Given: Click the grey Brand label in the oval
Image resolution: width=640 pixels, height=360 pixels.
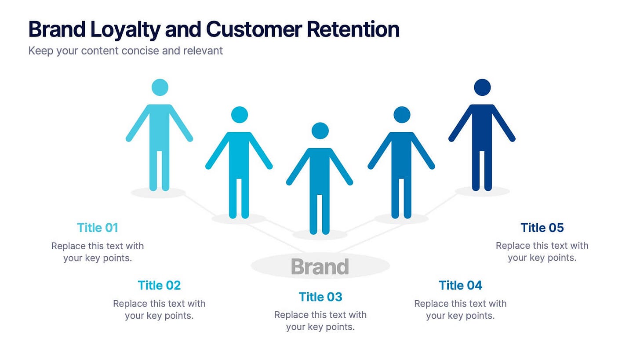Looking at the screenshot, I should point(320,266).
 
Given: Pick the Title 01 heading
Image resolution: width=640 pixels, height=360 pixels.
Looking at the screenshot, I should point(98,228).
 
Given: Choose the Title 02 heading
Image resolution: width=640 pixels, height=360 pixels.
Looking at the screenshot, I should point(159,285).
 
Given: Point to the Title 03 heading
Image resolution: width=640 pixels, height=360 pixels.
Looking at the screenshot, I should point(320,297).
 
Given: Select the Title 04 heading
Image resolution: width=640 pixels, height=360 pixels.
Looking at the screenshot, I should point(460,285).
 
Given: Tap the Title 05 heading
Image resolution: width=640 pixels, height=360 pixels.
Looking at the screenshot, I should point(542,228).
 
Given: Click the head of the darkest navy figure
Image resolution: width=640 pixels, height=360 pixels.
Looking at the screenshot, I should point(482,87).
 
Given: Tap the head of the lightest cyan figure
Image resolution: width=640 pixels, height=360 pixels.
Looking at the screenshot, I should point(160,87).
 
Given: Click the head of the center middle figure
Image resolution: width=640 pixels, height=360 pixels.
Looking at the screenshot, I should point(320,131).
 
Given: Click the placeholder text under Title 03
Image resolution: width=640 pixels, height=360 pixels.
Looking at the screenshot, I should point(320,321).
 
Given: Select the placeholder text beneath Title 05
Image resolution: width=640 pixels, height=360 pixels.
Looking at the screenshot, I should point(542,251).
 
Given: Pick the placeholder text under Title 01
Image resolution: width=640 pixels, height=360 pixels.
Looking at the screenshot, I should point(98,251).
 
